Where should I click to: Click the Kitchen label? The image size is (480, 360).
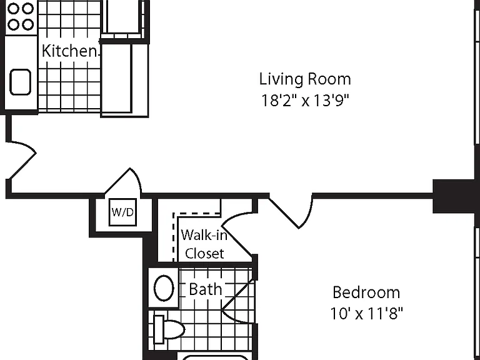[69, 51]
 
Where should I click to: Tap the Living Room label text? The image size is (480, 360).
[305, 79]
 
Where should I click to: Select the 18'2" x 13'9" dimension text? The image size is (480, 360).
[305, 100]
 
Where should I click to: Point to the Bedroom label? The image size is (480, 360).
[366, 292]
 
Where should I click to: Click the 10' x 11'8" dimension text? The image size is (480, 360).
[366, 313]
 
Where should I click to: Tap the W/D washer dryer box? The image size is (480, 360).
[122, 212]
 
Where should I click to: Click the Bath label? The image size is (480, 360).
[205, 289]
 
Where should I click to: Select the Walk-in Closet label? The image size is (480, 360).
[204, 244]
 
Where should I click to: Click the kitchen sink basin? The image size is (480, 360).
[20, 82]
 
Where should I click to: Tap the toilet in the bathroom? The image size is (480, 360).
[168, 329]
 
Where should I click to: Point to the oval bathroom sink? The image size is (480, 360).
[164, 288]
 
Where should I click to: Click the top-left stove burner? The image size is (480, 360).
[13, 8]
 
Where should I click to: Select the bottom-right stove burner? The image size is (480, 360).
[28, 24]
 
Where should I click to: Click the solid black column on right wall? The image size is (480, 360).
[456, 196]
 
